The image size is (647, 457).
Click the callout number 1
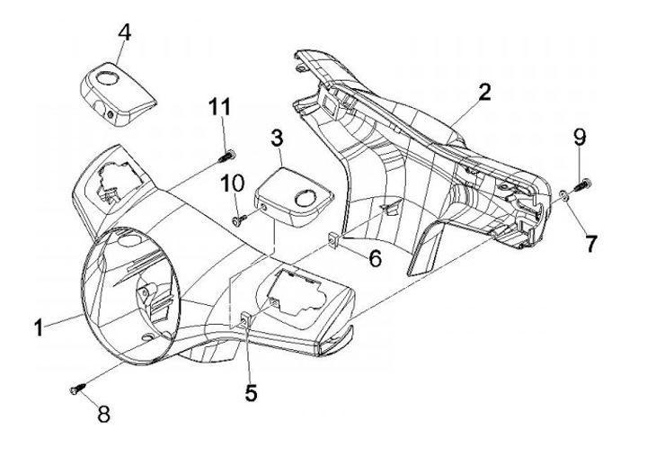40,328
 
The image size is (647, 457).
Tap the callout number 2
484,92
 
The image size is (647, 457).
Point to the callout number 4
125,32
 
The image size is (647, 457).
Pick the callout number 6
375,258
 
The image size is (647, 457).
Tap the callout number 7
591,244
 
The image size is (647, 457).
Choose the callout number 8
103,413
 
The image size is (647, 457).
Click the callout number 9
580,137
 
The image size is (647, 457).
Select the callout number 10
233,183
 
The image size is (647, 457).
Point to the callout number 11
219,106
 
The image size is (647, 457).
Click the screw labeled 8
77,389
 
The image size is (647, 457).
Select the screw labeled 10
239,220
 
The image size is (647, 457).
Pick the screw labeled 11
226,157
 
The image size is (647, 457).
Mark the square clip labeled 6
333,238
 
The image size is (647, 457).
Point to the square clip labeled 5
245,319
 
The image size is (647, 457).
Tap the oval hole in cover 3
306,198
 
